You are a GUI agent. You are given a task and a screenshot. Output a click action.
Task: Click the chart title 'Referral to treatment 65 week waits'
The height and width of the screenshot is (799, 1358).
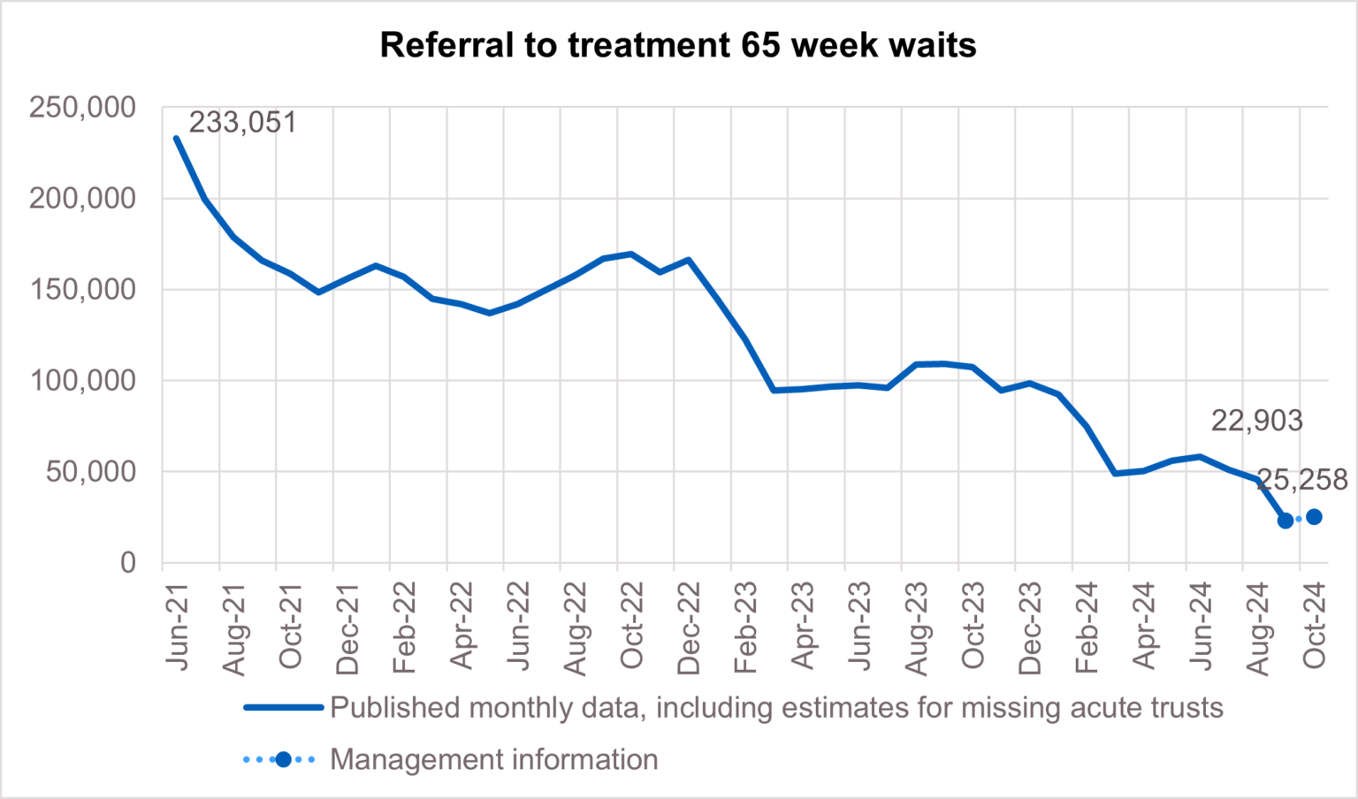(x=678, y=45)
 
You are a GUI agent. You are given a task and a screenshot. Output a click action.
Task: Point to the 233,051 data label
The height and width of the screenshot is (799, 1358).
(x=243, y=123)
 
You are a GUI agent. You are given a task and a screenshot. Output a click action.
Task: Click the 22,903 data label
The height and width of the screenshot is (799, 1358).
(x=1256, y=421)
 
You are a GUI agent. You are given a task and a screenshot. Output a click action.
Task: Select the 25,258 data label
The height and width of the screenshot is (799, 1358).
(x=1302, y=480)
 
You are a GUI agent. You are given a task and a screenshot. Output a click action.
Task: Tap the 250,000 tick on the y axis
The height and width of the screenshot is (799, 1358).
(x=83, y=108)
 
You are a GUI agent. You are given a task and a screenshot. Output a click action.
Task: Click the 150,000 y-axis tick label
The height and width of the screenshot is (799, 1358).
(x=83, y=290)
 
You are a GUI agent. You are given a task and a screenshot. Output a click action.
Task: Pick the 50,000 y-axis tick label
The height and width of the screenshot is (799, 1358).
(x=91, y=472)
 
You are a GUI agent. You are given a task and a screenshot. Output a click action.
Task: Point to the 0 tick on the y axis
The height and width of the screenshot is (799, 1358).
(x=128, y=563)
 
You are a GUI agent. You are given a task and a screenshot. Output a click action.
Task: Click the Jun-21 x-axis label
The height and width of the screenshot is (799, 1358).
(x=178, y=626)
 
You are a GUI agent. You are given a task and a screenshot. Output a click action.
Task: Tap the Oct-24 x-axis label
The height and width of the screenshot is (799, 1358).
(x=1314, y=626)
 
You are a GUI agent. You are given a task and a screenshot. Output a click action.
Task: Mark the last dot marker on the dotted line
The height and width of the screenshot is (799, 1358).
(x=1314, y=517)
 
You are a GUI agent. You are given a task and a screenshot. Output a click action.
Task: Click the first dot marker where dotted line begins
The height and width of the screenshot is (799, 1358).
(x=1286, y=521)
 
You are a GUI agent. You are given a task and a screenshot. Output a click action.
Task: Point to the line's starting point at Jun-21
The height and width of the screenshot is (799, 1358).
(x=177, y=139)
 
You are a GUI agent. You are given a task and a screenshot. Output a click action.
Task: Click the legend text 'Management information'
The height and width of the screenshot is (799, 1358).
(x=493, y=760)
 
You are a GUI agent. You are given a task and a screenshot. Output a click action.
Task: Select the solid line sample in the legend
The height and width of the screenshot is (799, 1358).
(x=283, y=708)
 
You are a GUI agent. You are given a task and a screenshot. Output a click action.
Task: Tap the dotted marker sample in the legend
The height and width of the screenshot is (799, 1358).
(x=282, y=760)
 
